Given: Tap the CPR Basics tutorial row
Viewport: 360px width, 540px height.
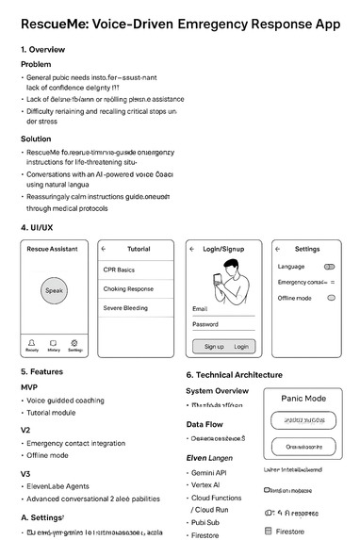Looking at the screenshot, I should click(138, 270).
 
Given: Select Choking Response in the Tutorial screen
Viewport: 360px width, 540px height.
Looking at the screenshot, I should click(138, 289).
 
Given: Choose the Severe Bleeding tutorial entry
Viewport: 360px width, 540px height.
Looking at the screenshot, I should click(138, 308).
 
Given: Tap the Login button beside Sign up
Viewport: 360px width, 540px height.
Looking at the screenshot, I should click(241, 346).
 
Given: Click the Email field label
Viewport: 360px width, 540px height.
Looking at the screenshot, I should click(200, 308).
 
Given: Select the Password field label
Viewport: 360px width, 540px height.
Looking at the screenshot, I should click(205, 324).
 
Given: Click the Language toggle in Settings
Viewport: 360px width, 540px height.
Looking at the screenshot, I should click(329, 267).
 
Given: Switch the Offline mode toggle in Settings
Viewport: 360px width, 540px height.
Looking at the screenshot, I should click(331, 297).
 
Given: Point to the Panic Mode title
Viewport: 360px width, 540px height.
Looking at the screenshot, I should click(303, 399).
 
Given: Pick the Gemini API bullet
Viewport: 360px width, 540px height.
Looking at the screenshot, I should click(213, 471).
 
